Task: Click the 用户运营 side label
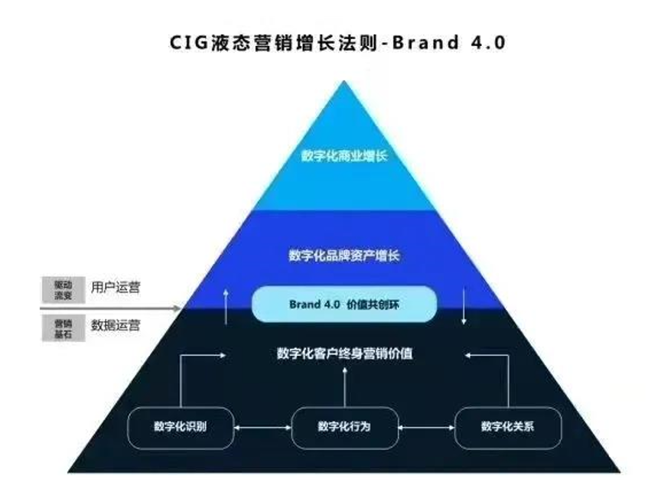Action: tap(116, 288)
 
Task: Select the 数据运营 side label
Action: tap(116, 324)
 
